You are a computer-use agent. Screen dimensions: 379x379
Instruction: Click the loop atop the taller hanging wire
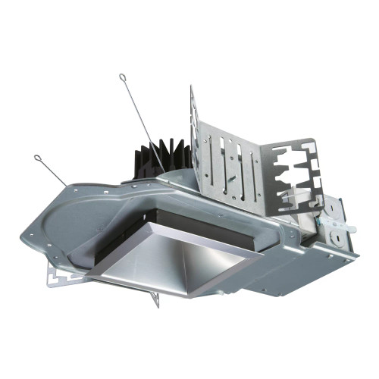[121, 76]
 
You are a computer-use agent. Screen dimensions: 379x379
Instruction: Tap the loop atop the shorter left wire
[37, 158]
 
